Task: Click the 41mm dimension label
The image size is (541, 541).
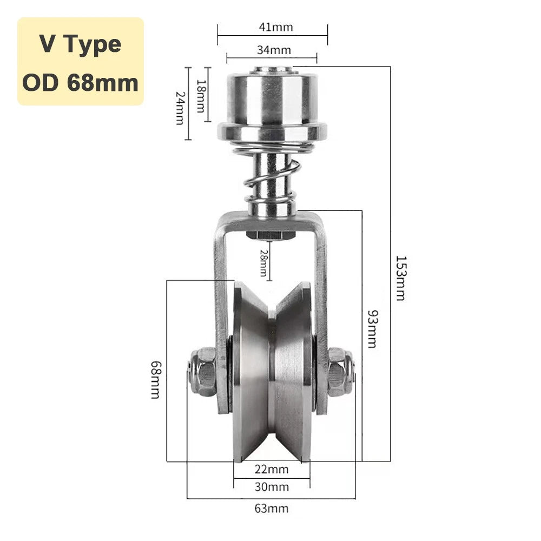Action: pos(276,27)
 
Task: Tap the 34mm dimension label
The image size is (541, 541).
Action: pos(274,50)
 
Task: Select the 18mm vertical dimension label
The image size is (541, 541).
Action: pos(201,96)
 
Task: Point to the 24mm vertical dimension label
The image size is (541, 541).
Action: pos(180,108)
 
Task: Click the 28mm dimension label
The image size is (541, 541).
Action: pos(263,263)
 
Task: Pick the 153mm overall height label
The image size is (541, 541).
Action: pos(401,278)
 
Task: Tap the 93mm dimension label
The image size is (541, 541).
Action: pos(373,329)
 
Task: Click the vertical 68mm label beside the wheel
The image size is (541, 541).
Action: pos(156,380)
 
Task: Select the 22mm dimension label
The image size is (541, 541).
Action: pos(272,469)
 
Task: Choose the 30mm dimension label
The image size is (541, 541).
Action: pos(272,487)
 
